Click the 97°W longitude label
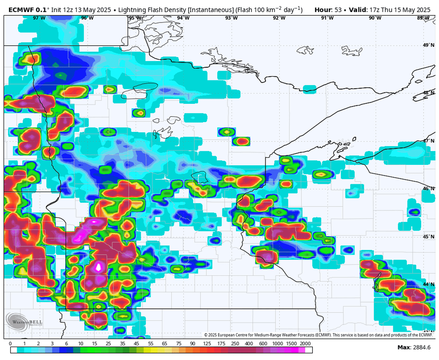[x=39, y=18]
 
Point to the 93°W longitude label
[x=231, y=18]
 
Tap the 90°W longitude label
[x=375, y=18]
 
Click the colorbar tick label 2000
[x=305, y=344]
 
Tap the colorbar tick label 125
[x=207, y=344]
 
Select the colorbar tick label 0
[x=10, y=344]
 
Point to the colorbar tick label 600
[x=263, y=344]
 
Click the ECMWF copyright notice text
[x=318, y=335]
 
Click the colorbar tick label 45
[x=136, y=344]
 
